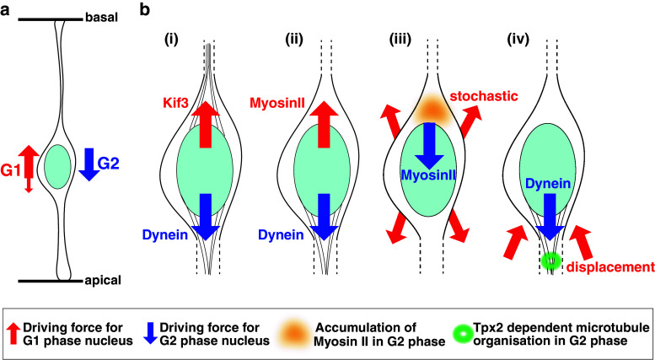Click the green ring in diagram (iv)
point(550,261)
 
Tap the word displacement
point(612,267)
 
